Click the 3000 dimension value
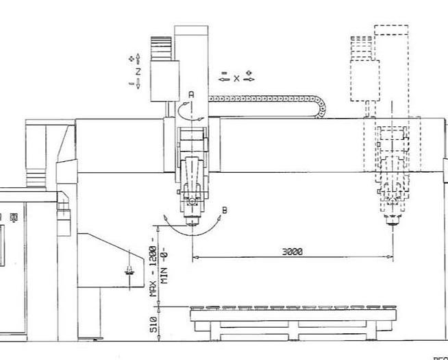click(x=292, y=252)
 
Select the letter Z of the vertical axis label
click(x=138, y=71)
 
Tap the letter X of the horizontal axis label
click(x=237, y=78)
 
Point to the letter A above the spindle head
click(x=192, y=93)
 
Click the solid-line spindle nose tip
click(x=192, y=222)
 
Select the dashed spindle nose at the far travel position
click(x=393, y=221)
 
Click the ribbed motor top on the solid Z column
click(x=162, y=47)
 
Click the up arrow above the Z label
click(x=138, y=59)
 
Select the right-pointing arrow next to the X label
click(x=249, y=78)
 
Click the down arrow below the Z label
click(x=138, y=84)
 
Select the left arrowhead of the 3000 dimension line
click(x=195, y=258)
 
